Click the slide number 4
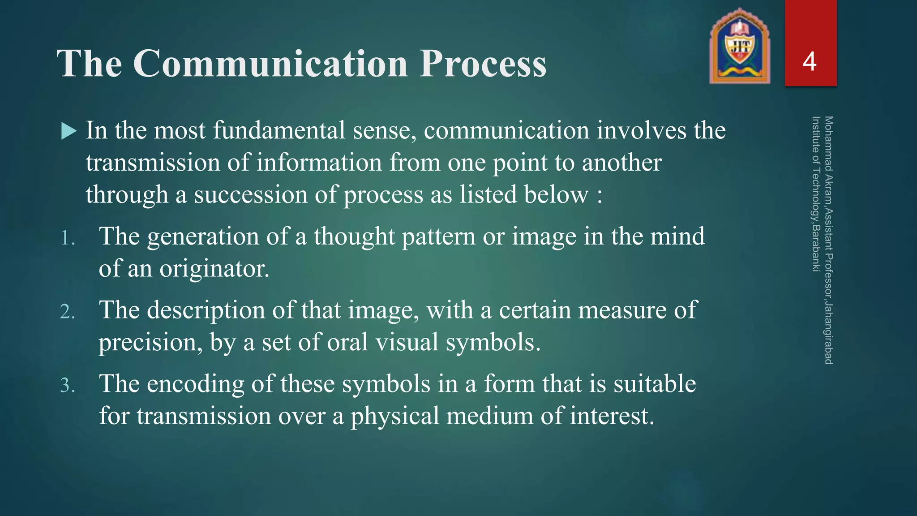coord(810,61)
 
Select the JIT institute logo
coord(740,47)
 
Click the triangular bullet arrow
coord(69,131)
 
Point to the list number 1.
coord(67,238)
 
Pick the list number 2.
coord(67,312)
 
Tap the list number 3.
coord(67,385)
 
